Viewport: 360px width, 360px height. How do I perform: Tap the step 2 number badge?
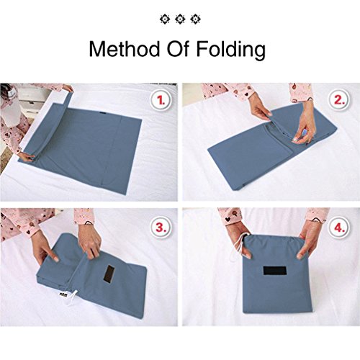pos(338,98)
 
